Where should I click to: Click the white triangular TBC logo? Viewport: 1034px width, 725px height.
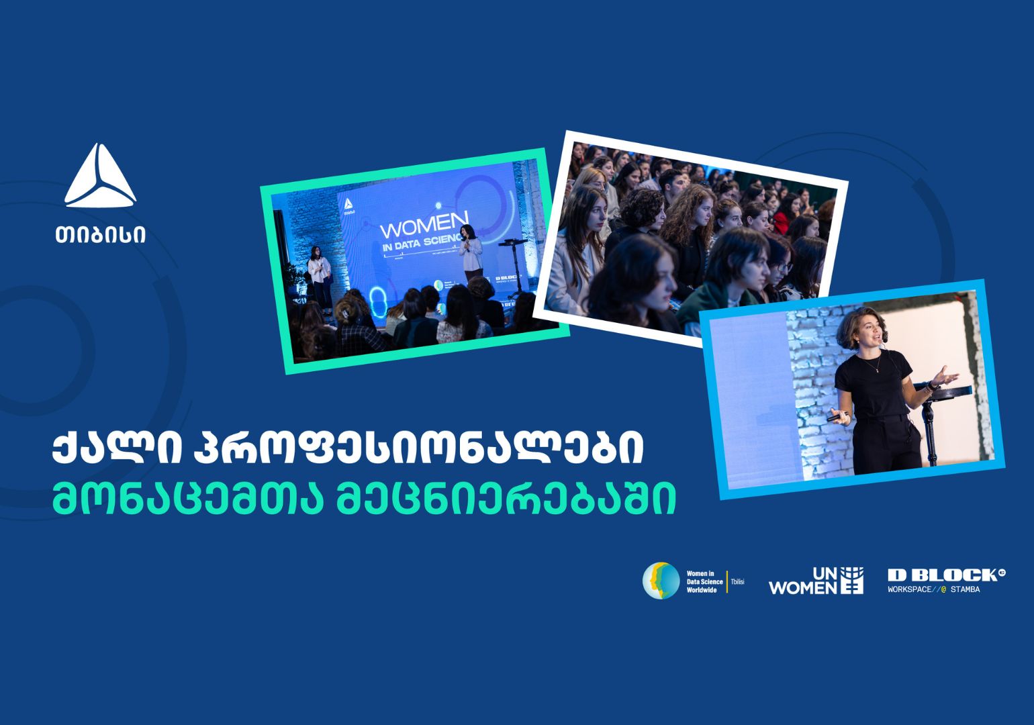[x=101, y=176]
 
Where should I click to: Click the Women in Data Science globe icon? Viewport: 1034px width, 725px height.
[x=661, y=581]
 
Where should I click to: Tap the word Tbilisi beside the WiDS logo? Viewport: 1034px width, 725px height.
[x=737, y=581]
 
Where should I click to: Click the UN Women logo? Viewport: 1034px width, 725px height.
[x=816, y=581]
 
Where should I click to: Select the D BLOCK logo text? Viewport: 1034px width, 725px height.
[x=943, y=575]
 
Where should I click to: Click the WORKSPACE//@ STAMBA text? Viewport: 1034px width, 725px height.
[x=933, y=590]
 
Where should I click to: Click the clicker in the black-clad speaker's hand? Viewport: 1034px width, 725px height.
[x=835, y=418]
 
